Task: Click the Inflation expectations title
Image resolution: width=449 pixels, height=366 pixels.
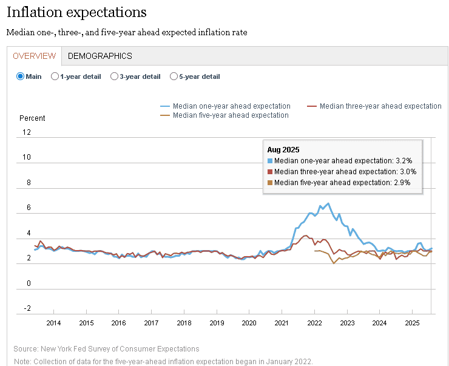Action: click(76, 12)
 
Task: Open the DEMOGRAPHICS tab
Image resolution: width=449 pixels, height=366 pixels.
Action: click(100, 56)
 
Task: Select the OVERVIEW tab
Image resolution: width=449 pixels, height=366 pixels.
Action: click(34, 56)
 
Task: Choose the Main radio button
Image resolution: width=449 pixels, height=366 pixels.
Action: click(20, 76)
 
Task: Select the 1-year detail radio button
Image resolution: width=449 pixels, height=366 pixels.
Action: click(55, 76)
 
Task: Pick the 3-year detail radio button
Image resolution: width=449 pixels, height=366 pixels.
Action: click(115, 76)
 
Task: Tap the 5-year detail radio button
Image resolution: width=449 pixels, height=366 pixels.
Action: click(174, 76)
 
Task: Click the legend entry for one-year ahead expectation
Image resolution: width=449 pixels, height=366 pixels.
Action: click(231, 106)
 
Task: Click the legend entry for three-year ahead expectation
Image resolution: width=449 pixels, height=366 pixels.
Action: click(380, 106)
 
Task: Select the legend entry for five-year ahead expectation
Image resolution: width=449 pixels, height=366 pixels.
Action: click(231, 115)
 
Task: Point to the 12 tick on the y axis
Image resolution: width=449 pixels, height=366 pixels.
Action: click(27, 132)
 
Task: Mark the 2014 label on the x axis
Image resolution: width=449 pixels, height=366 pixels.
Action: click(53, 322)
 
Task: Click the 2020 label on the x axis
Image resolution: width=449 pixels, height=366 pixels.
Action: click(249, 322)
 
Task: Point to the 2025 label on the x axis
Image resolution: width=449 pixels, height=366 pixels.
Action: click(412, 322)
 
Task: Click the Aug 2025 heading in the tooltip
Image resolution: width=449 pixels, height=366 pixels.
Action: click(283, 149)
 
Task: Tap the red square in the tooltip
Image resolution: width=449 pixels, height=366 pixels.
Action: click(270, 172)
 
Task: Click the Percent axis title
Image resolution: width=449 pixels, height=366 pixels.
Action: click(32, 118)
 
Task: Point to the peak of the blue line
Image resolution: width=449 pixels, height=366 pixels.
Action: click(328, 203)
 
